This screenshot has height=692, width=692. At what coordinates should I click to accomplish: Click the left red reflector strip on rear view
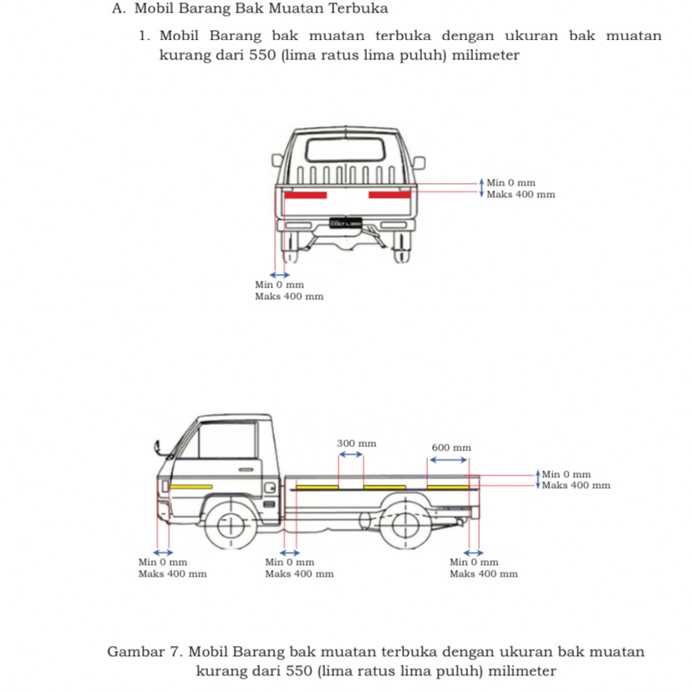[x=306, y=195]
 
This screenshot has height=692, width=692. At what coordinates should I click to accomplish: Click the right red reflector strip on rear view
[x=389, y=195]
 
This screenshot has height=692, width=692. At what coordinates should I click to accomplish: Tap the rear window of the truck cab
[x=347, y=150]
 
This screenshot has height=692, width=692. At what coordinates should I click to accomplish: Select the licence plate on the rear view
[x=346, y=223]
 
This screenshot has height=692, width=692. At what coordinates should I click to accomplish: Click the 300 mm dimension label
[x=356, y=442]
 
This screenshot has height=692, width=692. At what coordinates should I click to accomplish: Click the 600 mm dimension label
[x=451, y=447]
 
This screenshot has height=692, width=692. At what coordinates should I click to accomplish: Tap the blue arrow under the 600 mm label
[x=449, y=459]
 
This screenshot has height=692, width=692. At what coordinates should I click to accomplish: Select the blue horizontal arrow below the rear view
[x=279, y=274]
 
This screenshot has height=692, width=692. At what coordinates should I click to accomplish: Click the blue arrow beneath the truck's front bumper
[x=162, y=552]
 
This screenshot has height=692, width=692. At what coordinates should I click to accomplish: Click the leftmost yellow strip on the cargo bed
[x=318, y=486]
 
